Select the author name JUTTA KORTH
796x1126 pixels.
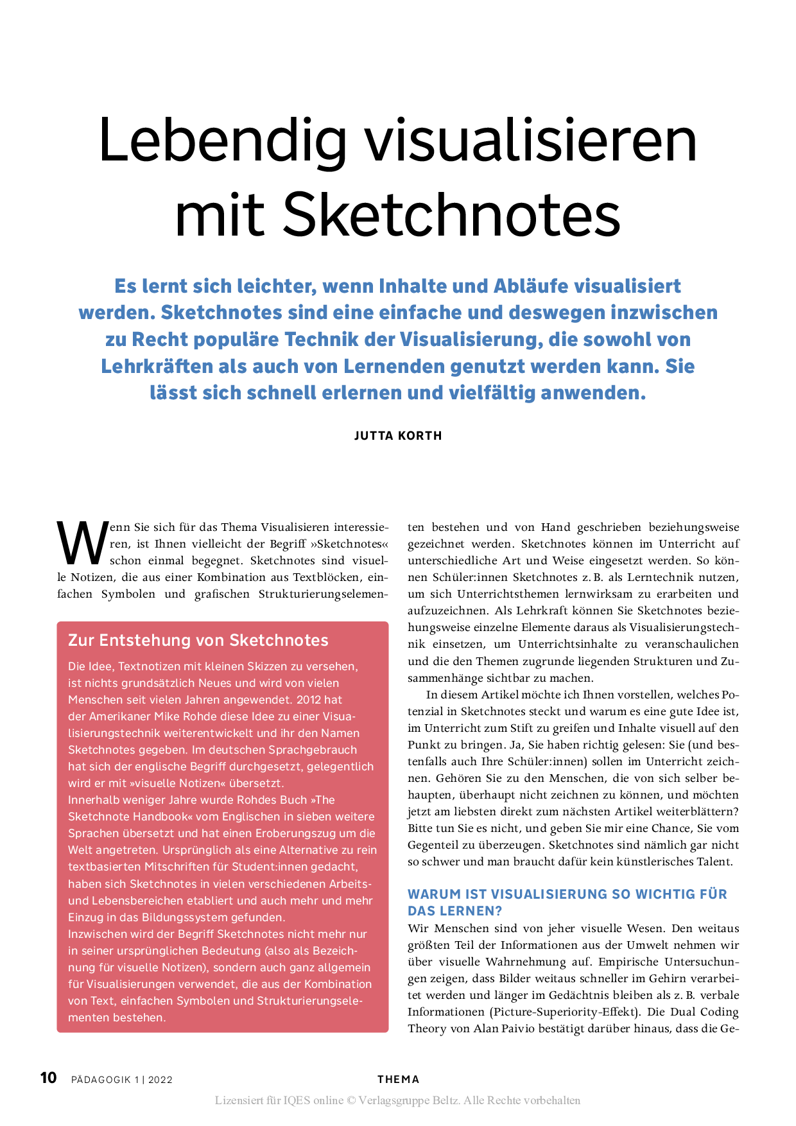click(x=398, y=436)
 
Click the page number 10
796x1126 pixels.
click(x=49, y=1078)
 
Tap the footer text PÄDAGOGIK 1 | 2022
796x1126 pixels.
click(x=122, y=1080)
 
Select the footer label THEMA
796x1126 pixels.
click(x=398, y=1080)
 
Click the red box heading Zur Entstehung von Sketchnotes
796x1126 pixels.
click(x=198, y=640)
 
